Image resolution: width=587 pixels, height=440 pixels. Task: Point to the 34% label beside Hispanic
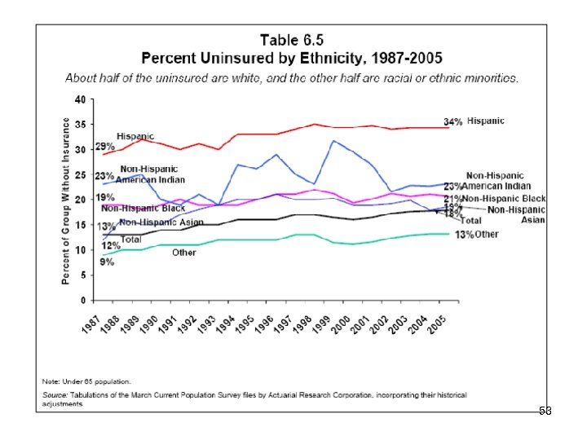(454, 122)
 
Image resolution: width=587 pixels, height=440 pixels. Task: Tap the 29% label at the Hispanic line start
(104, 147)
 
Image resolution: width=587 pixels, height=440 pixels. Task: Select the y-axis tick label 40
(79, 99)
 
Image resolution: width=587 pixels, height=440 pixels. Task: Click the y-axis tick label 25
(79, 174)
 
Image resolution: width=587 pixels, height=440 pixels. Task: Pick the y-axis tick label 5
(82, 275)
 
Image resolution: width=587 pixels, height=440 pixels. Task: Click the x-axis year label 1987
(96, 319)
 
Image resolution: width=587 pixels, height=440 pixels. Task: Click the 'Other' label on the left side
(183, 253)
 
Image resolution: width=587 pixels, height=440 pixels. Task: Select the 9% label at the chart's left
(107, 262)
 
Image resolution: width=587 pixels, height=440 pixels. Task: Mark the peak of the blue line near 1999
(333, 141)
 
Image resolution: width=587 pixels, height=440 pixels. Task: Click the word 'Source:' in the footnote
(55, 394)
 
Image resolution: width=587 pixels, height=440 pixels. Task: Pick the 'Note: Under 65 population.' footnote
(87, 381)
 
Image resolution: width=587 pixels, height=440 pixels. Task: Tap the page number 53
(545, 412)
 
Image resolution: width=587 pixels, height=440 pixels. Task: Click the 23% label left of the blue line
(104, 176)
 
